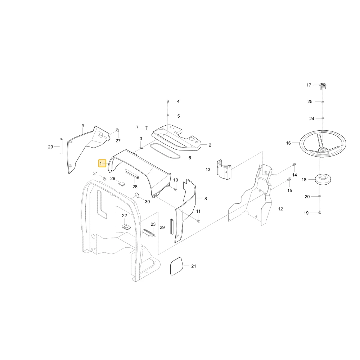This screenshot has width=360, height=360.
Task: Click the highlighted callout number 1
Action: click(x=102, y=163)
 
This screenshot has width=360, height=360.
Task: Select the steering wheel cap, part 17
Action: click(x=323, y=86)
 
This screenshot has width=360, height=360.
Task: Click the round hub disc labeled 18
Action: click(x=323, y=179)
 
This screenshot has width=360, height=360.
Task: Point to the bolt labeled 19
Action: click(x=320, y=213)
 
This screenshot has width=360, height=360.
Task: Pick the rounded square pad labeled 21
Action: click(x=177, y=266)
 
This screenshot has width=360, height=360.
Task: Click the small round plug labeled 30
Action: click(x=137, y=195)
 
